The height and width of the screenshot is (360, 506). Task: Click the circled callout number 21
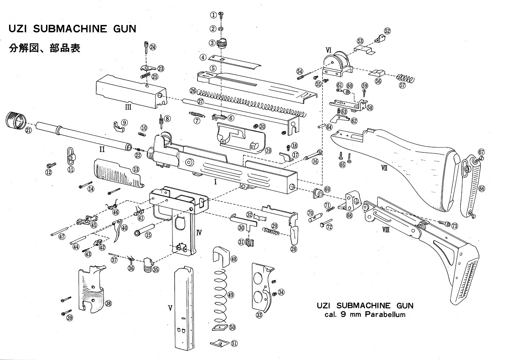point(28,130)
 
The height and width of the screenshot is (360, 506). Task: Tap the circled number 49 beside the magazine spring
point(231,295)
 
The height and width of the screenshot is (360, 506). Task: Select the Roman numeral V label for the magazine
point(170,308)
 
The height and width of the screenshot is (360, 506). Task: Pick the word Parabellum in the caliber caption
point(385,314)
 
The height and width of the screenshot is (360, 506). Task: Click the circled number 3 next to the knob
point(212,43)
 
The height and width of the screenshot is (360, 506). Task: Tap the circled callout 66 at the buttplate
point(481,189)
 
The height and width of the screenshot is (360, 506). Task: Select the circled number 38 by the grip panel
point(108,303)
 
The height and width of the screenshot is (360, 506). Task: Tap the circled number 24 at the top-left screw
point(153,47)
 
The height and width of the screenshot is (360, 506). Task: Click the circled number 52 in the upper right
point(387,31)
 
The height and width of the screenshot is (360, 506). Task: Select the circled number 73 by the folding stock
point(454,226)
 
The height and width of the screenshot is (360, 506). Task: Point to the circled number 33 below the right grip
point(259,315)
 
